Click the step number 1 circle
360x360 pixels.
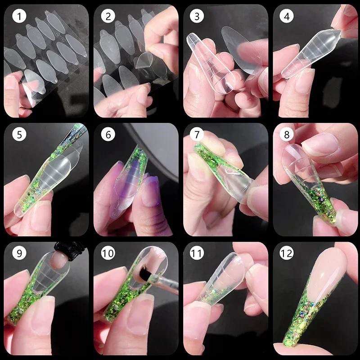(19, 16)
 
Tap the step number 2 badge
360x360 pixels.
(108, 16)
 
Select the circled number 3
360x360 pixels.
(197, 16)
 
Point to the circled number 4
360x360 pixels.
(287, 16)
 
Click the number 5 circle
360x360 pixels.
(19, 135)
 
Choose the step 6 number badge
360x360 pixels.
(108, 135)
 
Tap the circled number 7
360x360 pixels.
(197, 135)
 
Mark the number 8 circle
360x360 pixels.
(287, 135)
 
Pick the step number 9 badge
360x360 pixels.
(19, 253)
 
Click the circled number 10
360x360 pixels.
(108, 253)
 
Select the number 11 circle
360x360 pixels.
(197, 253)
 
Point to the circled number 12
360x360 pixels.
(287, 253)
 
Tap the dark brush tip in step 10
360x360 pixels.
(144, 273)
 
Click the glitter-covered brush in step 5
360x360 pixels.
(71, 137)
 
